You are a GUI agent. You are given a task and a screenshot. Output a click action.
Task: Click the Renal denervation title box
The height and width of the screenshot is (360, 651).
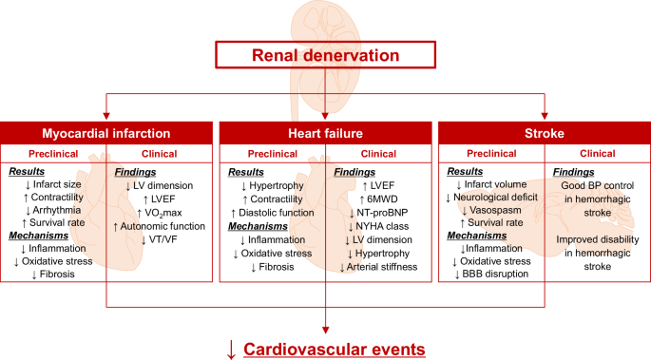pos(325,56)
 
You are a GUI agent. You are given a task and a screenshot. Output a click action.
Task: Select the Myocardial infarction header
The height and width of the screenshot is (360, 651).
pos(107,132)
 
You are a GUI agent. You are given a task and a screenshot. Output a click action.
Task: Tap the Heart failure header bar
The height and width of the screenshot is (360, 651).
pos(325,132)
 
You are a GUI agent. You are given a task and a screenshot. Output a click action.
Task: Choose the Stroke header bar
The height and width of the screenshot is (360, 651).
pos(543,132)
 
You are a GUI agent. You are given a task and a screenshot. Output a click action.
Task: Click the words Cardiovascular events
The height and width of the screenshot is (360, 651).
pos(335,349)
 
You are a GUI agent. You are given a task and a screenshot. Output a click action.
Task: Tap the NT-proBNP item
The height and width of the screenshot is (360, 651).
pos(378,215)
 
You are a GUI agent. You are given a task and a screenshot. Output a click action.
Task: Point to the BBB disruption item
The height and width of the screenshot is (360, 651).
pos(494,274)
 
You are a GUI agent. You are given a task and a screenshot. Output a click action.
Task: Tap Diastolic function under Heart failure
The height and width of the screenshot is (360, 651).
pos(272,212)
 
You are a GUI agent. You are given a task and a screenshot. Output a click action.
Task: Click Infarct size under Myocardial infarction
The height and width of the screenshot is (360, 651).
pos(59,184)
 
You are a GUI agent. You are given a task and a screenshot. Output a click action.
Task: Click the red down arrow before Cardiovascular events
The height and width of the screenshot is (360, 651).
pos(231,349)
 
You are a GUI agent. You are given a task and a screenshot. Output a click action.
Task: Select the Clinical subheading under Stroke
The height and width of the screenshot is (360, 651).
pos(597,152)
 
